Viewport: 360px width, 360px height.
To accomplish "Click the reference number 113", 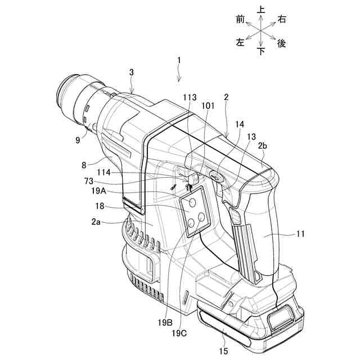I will coord(190,96).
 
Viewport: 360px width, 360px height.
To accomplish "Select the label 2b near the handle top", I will coord(263,146).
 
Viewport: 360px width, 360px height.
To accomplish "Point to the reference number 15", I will coord(223,351).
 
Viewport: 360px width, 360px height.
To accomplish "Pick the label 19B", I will coord(165,322).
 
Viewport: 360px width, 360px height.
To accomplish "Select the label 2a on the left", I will coord(96,222).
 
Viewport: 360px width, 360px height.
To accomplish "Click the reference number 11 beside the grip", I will coord(299,233).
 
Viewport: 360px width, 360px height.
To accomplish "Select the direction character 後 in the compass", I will coord(282,43).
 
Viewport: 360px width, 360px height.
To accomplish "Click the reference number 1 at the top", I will coord(179,59).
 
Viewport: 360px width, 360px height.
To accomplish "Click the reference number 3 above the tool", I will coord(131,72).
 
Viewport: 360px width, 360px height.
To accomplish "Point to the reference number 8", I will coord(84,165).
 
